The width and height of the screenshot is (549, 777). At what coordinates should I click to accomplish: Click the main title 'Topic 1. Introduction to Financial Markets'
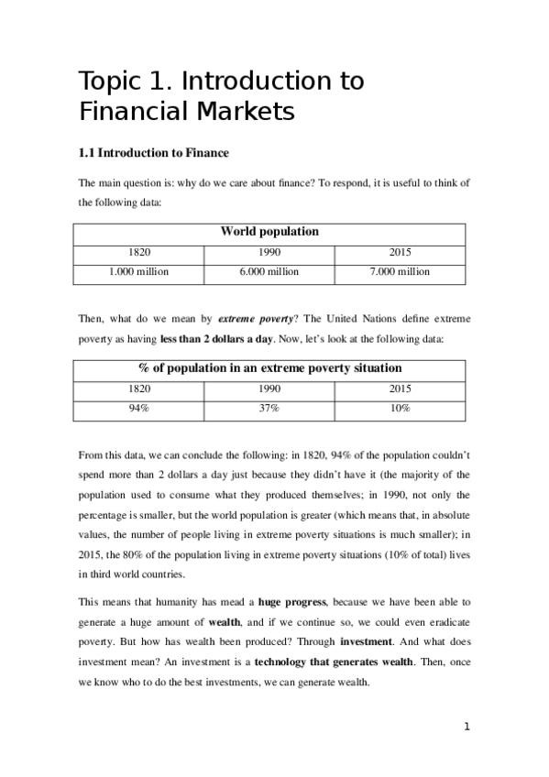point(221,96)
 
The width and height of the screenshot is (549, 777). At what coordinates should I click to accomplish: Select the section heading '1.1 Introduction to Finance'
point(153,153)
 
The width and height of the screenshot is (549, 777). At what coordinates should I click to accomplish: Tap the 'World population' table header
point(269,232)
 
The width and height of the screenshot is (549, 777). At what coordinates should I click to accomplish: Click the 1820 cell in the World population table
point(139,252)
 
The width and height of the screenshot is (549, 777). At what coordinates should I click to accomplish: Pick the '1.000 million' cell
point(139,272)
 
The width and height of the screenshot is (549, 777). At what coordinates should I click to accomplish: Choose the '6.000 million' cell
point(269,272)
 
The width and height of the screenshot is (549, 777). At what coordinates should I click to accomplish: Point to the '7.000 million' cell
point(400,272)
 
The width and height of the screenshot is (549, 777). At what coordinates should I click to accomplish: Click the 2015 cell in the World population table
point(400,252)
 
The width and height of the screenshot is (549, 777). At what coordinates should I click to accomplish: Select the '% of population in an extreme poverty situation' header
point(269,367)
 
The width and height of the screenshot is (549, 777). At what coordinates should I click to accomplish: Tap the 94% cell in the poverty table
point(139,408)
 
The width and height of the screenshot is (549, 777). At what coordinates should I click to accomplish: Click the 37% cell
point(269,408)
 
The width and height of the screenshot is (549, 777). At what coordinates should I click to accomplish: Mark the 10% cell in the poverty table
point(400,408)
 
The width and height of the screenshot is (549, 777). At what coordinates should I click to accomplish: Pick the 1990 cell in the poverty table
point(269,388)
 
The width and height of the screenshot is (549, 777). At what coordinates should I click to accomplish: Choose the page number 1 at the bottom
point(467,727)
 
